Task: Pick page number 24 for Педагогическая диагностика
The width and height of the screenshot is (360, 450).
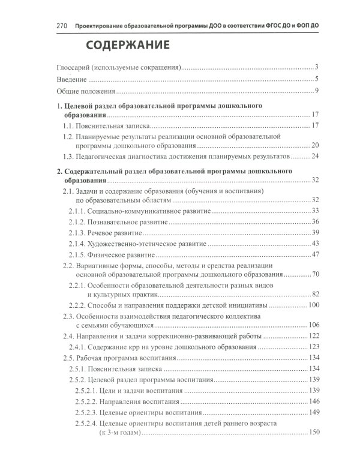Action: tap(313, 157)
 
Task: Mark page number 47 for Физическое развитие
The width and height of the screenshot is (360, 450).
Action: tap(312, 255)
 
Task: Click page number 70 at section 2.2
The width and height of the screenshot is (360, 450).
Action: tap(312, 275)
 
